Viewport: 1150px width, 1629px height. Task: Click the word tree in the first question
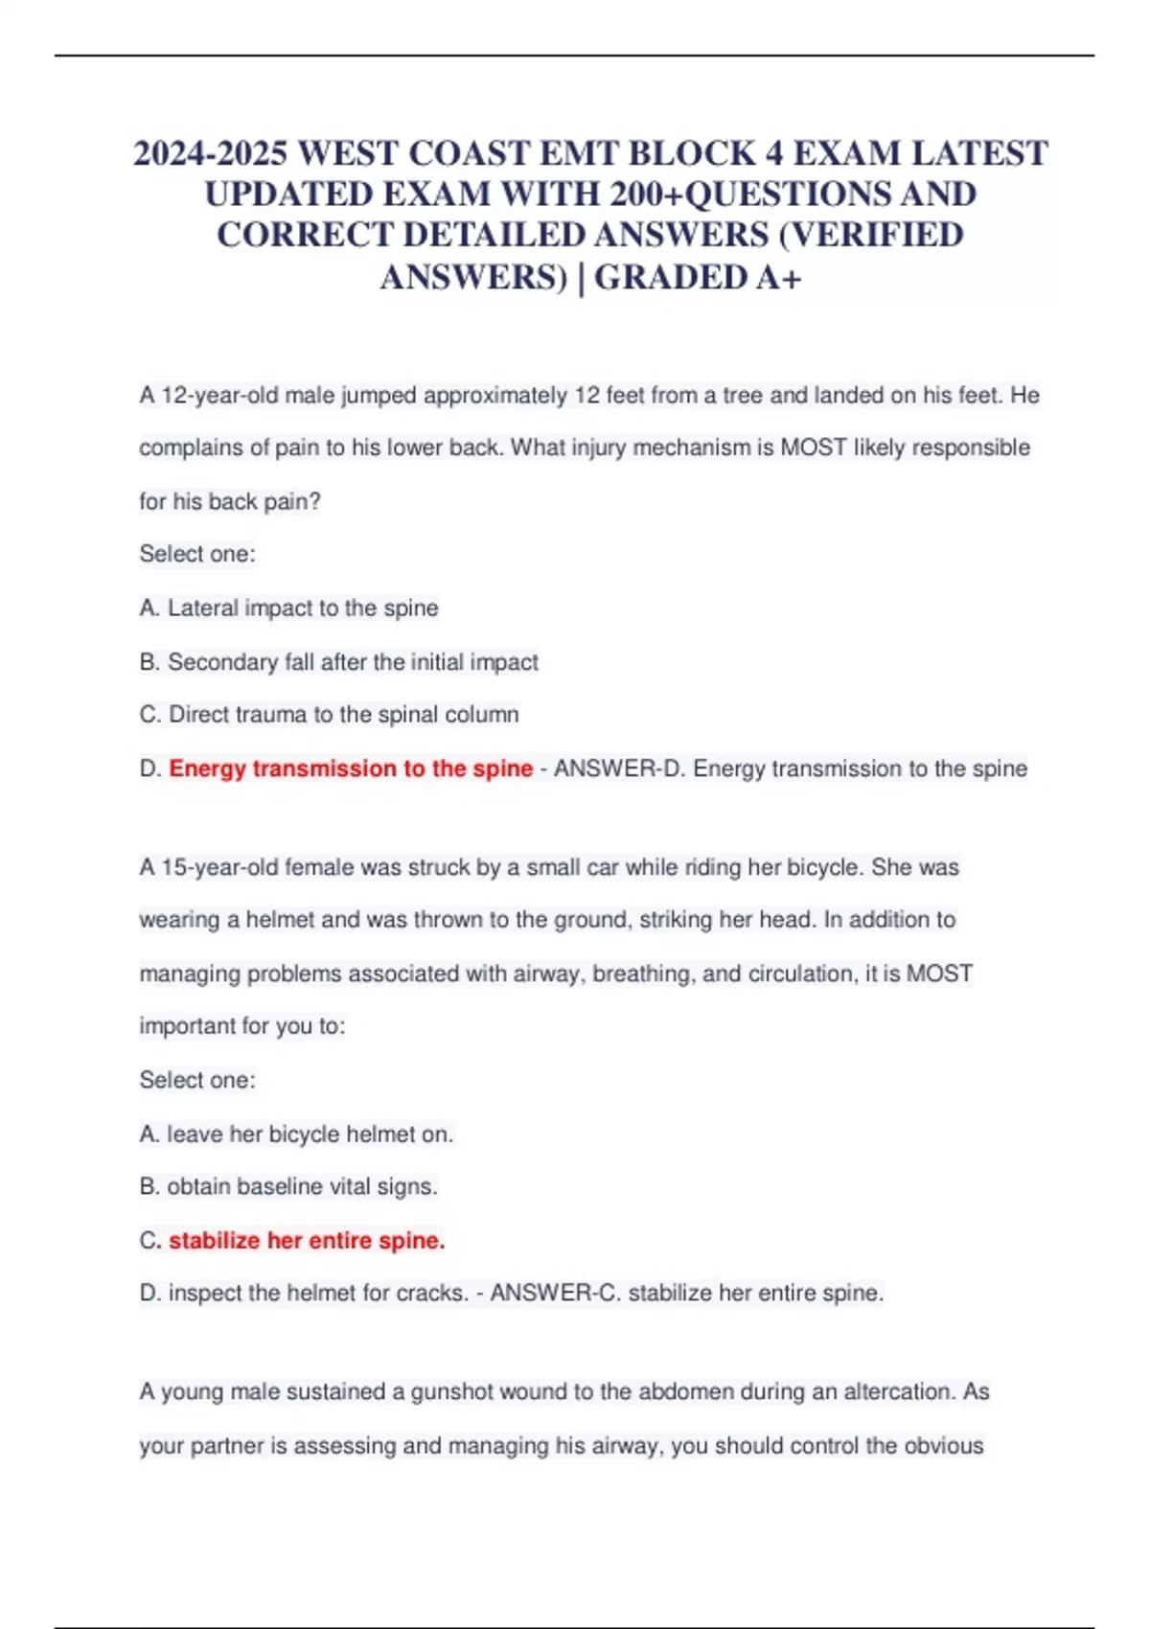743,396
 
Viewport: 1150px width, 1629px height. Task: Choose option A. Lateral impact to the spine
288,608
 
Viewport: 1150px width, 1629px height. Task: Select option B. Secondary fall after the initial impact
338,662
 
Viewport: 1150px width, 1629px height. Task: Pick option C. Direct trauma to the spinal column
329,715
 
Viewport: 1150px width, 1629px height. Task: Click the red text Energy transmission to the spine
350,769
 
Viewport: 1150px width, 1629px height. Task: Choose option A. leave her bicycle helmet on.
296,1135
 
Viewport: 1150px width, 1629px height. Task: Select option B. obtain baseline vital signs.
288,1186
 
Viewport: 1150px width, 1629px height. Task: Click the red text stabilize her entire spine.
307,1240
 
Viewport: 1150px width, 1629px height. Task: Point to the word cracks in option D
430,1293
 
